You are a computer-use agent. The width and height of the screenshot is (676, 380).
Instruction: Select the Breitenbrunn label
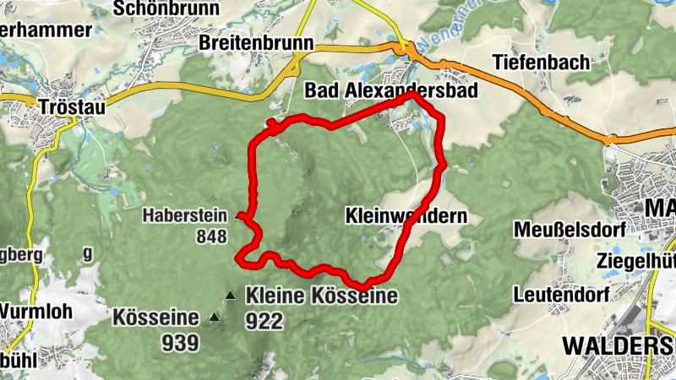coord(256,42)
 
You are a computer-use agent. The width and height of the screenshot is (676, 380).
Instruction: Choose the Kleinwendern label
coord(406,216)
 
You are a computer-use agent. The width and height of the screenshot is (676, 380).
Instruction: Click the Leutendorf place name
coord(557,295)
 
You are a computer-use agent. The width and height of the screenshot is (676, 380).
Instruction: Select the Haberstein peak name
coord(185,214)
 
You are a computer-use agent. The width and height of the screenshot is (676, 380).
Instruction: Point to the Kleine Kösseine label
coord(321,296)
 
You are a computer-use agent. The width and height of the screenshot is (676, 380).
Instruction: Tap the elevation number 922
coord(264,321)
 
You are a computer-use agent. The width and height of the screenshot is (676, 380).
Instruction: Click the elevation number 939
coord(182,342)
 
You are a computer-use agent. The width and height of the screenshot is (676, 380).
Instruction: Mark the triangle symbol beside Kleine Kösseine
coord(230,296)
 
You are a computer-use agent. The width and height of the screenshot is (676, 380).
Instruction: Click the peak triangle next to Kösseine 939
coord(214,318)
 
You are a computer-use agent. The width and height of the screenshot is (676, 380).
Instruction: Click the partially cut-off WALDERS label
coord(618,345)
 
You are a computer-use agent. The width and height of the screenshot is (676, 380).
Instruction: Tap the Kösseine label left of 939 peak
coord(155,318)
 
